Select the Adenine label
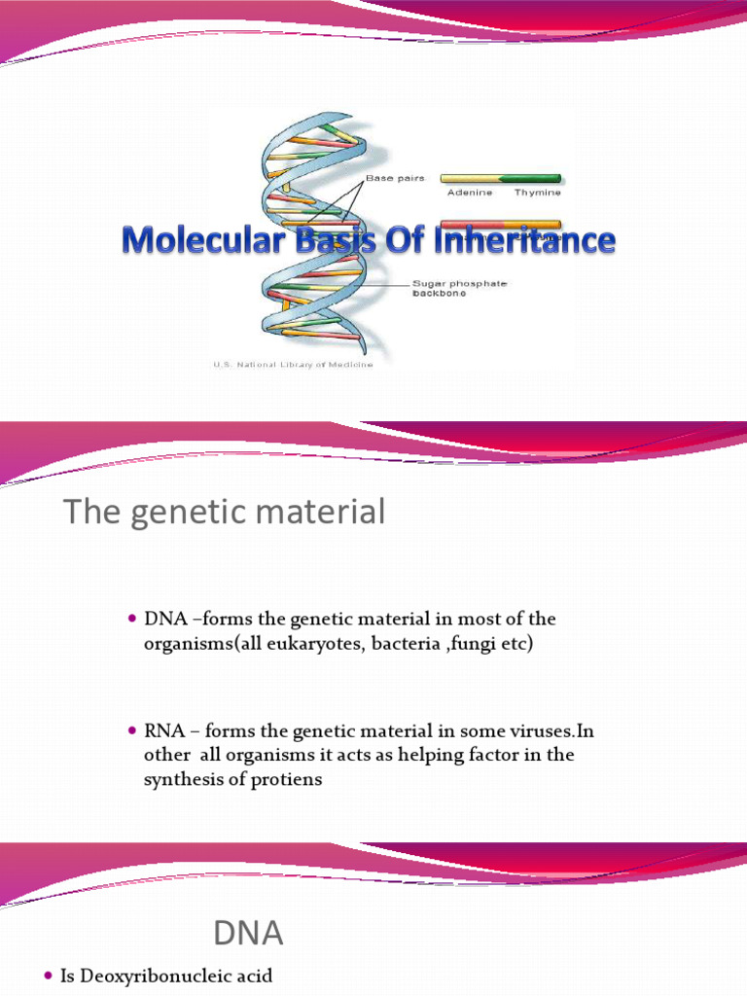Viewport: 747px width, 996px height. pyautogui.click(x=470, y=193)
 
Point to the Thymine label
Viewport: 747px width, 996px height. pyautogui.click(x=537, y=193)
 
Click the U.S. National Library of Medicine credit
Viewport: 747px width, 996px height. pyautogui.click(x=293, y=365)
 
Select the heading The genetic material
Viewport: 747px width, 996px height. pyautogui.click(x=225, y=512)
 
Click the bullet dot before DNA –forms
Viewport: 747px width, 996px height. pyautogui.click(x=134, y=620)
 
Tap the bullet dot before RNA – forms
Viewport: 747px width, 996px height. pyautogui.click(x=134, y=730)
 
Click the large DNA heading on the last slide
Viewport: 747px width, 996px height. pyautogui.click(x=249, y=935)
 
